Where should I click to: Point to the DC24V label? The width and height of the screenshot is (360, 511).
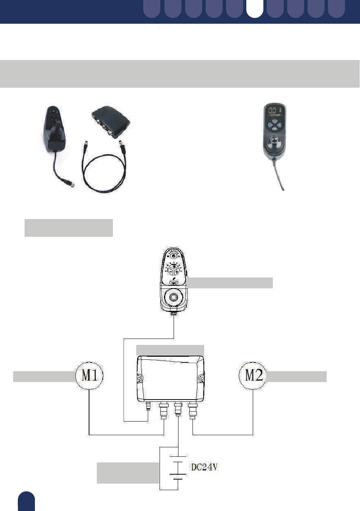point(204,467)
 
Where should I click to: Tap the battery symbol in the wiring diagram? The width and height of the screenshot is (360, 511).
point(178,467)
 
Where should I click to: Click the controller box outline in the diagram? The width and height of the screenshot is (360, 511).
point(171,379)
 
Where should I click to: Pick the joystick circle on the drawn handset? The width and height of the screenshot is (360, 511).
point(174,297)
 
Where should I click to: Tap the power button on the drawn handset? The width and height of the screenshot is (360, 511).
point(174,256)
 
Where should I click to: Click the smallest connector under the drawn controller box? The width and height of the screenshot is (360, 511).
point(148,406)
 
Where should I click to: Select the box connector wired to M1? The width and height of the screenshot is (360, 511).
point(164,411)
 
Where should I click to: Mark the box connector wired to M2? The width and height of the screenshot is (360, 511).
point(193,411)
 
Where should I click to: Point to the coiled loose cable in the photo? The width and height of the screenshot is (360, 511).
point(104,169)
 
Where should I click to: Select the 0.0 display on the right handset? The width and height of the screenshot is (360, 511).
point(272,111)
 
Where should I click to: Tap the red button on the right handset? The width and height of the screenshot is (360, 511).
point(275,121)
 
